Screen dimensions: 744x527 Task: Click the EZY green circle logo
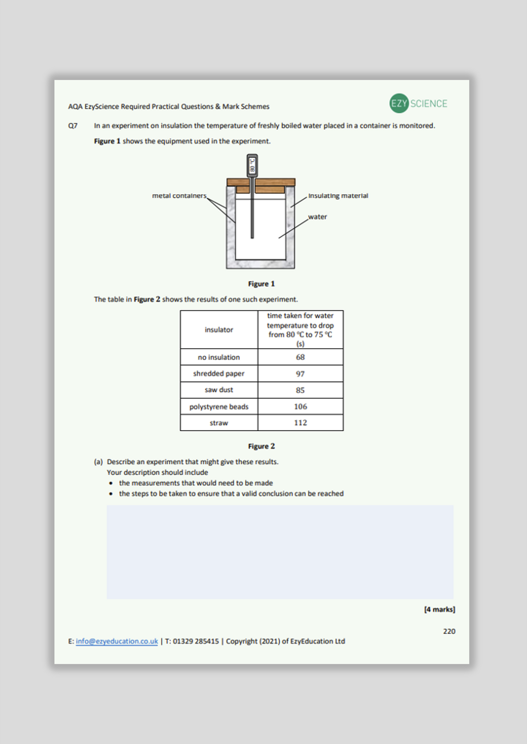pos(399,103)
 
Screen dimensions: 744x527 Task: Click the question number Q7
pos(73,126)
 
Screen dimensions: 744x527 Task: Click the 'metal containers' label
pos(179,196)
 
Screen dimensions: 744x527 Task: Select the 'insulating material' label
pos(338,196)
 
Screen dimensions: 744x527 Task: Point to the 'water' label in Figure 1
pos(317,217)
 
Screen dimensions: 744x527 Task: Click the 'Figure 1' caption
pos(261,284)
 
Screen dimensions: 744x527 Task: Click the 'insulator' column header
pos(219,330)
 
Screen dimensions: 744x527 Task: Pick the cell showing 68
pos(300,357)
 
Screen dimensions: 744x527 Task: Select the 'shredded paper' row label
pos(219,374)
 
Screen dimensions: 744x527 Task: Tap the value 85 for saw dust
pos(300,390)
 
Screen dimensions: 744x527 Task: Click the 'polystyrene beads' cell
pos(219,406)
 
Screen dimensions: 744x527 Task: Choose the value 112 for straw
pos(300,423)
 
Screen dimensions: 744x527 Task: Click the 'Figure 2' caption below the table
pos(261,446)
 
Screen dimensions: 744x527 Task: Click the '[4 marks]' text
pos(439,609)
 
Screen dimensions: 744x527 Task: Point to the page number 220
pos(449,631)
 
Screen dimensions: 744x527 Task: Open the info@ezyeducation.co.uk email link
pos(117,641)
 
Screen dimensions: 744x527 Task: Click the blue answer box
pos(280,552)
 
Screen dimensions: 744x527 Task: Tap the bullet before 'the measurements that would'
pos(111,483)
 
